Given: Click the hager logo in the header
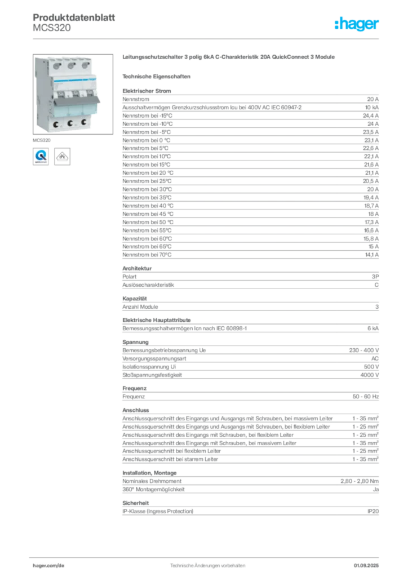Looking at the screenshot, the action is pos(356,24).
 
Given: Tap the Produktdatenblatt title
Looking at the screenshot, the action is pos(74,17).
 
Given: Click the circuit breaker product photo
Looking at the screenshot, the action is pos(73,94).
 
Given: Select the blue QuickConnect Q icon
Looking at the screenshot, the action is pos(41,157).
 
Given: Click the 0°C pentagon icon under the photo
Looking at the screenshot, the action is pos(62,157).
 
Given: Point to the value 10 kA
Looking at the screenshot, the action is pos(371,108).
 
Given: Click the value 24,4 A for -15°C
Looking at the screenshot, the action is pos(370,116).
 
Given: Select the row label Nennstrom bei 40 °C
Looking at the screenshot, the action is pos(148,206).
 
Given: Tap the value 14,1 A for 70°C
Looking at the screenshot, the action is pos(371,255).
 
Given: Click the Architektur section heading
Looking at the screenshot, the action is pos(137,268).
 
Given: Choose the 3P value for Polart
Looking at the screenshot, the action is pos(375,277).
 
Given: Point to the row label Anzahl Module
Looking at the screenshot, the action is pos(140,307).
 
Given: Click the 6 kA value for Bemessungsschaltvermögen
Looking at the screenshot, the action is pos(372,329).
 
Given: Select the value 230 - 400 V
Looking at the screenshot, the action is pos(364,350).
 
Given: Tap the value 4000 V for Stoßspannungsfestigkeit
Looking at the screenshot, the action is pos(369,375).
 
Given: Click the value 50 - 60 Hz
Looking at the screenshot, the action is pos(365,397).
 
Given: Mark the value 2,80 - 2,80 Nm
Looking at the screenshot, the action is pos(360,481).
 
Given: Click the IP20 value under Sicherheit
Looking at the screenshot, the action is pos(372,512).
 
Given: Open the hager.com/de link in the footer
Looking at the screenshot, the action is pos(48,566).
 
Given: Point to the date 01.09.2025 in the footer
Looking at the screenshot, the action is pos(366,566).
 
